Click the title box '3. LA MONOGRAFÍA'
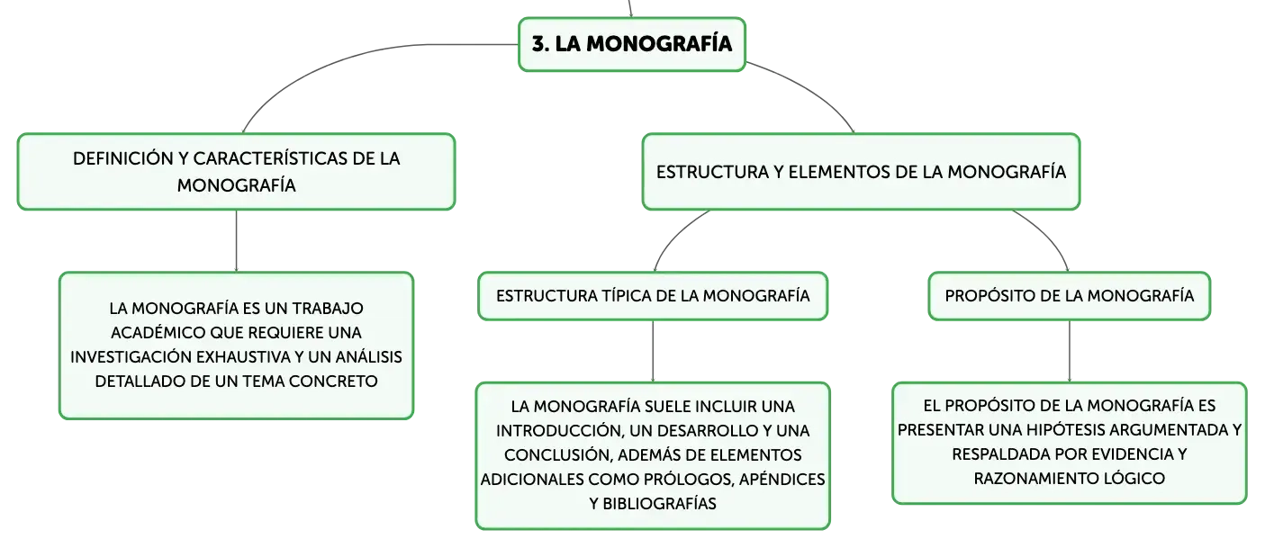(632, 45)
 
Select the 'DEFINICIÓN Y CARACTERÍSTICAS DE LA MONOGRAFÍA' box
(236, 172)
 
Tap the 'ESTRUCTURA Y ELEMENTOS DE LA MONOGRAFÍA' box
(862, 172)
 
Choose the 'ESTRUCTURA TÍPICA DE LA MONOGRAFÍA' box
(653, 296)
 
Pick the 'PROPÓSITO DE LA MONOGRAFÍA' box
(1069, 296)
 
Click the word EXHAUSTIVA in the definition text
(244, 357)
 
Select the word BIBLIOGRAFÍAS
(660, 504)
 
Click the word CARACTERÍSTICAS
(270, 158)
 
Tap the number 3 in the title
(538, 44)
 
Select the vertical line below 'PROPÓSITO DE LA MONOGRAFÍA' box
(1069, 351)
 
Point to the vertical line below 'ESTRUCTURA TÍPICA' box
(653, 351)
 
